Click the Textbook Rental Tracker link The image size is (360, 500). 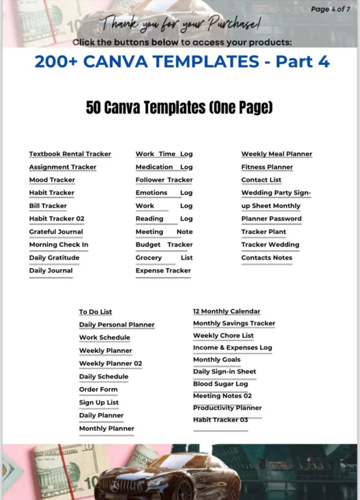(70, 154)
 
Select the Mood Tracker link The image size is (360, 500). (52, 180)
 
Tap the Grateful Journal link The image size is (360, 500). (56, 231)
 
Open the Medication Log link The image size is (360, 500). (164, 167)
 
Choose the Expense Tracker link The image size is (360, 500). (163, 270)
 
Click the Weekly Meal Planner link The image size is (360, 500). (277, 154)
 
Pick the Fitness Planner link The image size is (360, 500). (267, 167)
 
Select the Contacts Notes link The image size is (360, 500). (266, 258)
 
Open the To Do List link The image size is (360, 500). (95, 312)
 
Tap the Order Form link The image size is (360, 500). (98, 390)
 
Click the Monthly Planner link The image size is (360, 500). (107, 429)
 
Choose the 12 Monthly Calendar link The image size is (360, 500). (226, 311)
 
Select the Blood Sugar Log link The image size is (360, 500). (220, 384)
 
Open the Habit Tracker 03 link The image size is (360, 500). (220, 420)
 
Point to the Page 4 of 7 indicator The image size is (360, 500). (334, 9)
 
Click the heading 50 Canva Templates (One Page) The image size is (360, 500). (179, 107)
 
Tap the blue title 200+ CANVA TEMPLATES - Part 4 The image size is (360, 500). (182, 62)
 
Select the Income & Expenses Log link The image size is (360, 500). (232, 347)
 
